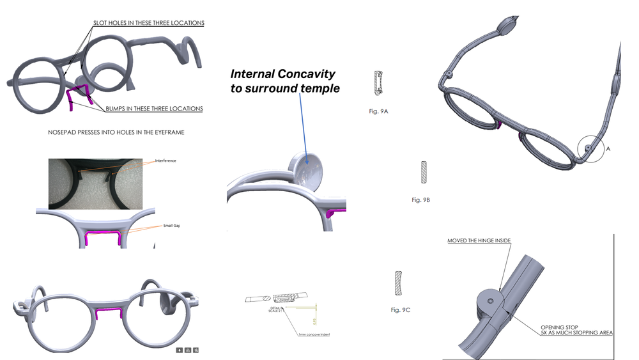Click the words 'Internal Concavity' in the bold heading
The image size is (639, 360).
pyautogui.click(x=282, y=74)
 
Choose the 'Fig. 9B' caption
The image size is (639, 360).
pyautogui.click(x=420, y=200)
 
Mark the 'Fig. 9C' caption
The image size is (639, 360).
pyautogui.click(x=400, y=309)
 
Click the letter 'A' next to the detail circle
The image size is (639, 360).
pyautogui.click(x=608, y=148)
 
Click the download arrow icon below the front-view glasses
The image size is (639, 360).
pyautogui.click(x=180, y=350)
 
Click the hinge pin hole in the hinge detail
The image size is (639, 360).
pyautogui.click(x=490, y=300)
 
